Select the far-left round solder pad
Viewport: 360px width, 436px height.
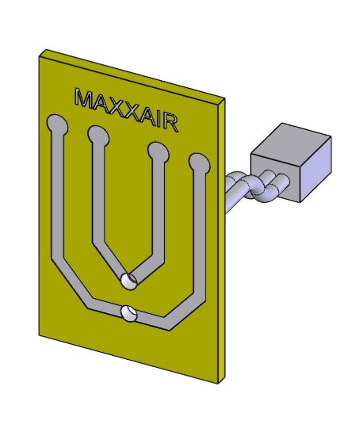[x=57, y=124]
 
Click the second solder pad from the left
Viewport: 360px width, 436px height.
[x=98, y=136]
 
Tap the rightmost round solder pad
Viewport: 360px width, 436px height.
[x=198, y=164]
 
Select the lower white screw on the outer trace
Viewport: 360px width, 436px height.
[x=128, y=314]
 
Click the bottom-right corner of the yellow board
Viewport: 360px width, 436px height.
[x=219, y=384]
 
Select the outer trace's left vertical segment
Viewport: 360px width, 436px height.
[x=57, y=198]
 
